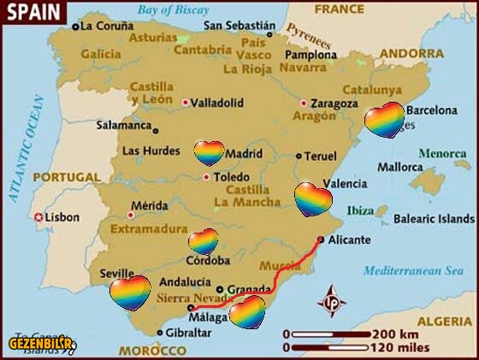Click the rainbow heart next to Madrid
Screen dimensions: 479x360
[x=209, y=153]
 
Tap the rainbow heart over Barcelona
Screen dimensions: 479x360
[x=384, y=120]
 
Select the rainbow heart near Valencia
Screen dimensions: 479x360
[x=313, y=199]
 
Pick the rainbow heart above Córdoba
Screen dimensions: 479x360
[x=204, y=241]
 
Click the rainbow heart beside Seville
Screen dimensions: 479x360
[x=130, y=292]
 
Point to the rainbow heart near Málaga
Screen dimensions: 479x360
[x=248, y=312]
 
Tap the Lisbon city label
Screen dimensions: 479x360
[x=62, y=217]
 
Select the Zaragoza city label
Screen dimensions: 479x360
[x=334, y=103]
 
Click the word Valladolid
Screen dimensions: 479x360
[x=216, y=103]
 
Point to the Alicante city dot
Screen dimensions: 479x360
[x=320, y=240]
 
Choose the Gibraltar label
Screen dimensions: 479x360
[x=188, y=332]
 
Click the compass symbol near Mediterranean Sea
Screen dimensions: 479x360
[x=331, y=303]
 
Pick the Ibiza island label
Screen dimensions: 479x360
[x=361, y=210]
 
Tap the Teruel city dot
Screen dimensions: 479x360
[x=299, y=156]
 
